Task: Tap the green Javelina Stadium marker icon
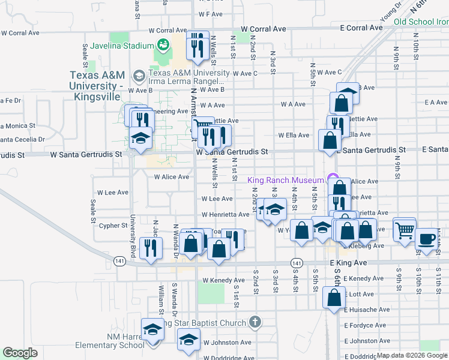point(162,44)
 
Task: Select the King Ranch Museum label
point(286,180)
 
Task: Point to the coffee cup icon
point(427,239)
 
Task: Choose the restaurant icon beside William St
point(149,247)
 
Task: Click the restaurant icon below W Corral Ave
point(197,45)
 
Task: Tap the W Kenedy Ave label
point(223,280)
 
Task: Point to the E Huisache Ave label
point(366,310)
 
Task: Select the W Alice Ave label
point(172,177)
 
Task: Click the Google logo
point(20,353)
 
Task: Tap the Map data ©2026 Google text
point(411,355)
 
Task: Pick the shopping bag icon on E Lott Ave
point(334,297)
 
